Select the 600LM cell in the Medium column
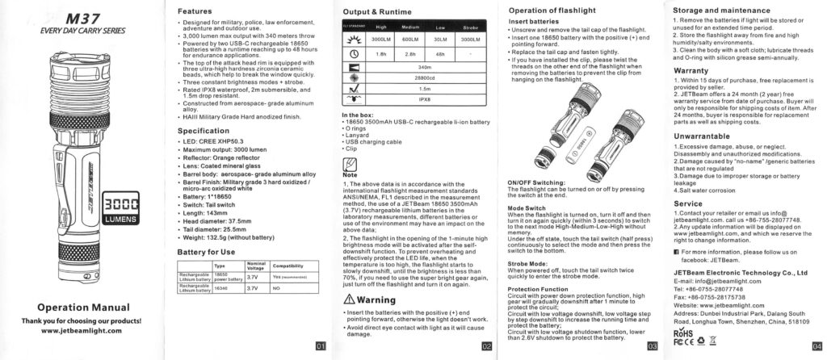409,38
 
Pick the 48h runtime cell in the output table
440,52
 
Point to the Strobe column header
471,26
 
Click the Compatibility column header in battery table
288,265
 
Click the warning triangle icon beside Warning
348,299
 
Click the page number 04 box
816,346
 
